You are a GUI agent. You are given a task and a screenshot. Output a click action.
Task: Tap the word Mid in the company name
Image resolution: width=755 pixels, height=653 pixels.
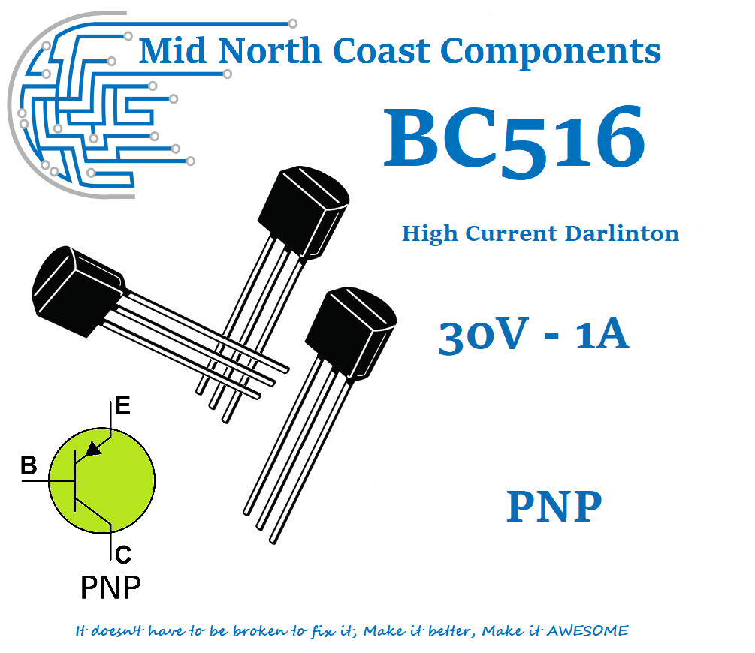tap(170, 51)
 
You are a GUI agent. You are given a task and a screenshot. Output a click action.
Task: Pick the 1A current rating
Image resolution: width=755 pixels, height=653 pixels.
tap(600, 336)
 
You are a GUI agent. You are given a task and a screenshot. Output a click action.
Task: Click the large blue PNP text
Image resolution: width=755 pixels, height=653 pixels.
tap(554, 507)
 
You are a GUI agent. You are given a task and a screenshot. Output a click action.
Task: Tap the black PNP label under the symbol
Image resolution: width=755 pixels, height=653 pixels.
tap(110, 588)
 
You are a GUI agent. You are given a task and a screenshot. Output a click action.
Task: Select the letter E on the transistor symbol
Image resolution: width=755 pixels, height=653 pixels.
tap(122, 407)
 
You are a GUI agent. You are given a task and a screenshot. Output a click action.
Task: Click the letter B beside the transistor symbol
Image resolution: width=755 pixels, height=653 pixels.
tap(29, 466)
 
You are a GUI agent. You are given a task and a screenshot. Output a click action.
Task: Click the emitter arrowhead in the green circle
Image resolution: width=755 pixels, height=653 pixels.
tap(93, 449)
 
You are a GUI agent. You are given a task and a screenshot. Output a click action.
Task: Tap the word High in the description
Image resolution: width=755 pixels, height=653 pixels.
tap(429, 233)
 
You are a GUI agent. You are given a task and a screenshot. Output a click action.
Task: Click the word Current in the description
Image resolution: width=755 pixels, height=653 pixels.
tap(508, 233)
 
